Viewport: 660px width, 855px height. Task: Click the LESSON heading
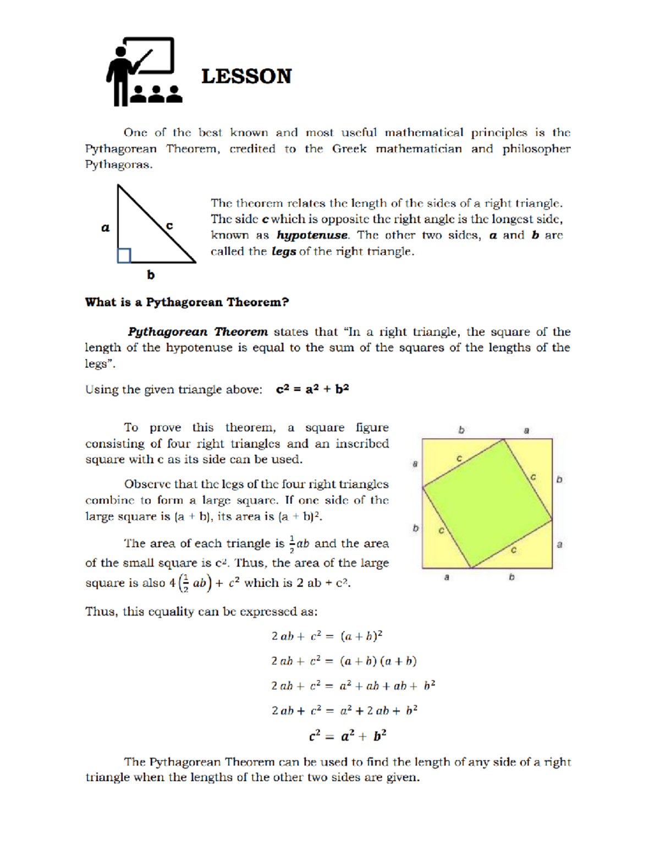[246, 76]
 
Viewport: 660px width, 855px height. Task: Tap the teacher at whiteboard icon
[144, 72]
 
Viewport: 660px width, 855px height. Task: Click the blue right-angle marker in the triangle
[124, 255]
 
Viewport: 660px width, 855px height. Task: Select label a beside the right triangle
[106, 227]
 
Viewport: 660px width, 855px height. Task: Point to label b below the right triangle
[151, 274]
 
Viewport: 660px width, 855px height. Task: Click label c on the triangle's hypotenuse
[169, 226]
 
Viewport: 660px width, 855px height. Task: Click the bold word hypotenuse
[312, 235]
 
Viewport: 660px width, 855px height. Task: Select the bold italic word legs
[284, 252]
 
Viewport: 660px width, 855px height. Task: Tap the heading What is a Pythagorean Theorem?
[187, 302]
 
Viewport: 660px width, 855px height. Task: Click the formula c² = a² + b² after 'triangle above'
[312, 389]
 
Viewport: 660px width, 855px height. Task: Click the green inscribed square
[487, 504]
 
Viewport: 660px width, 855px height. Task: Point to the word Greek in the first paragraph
[349, 149]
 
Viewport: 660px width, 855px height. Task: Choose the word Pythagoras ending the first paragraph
[118, 165]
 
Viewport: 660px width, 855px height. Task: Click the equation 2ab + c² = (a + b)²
[327, 636]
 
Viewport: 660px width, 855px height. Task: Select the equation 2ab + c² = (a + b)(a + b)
[344, 661]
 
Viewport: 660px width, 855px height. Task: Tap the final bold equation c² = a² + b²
[348, 736]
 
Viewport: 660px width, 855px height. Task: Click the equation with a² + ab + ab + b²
[353, 685]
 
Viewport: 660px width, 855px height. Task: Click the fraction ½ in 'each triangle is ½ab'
[292, 543]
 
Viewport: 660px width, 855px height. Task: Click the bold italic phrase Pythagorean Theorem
[198, 332]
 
